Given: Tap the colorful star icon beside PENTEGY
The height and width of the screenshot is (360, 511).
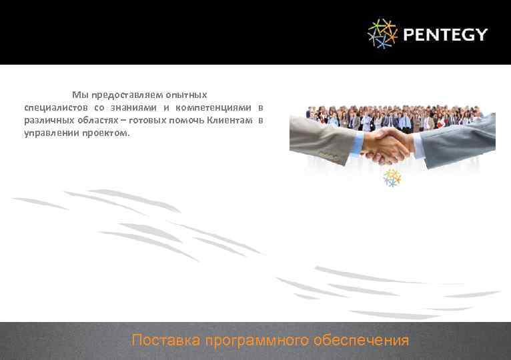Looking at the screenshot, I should (382, 33).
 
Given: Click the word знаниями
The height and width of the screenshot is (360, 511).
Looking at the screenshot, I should (133, 107).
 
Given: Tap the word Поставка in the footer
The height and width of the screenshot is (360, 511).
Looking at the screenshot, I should (166, 341).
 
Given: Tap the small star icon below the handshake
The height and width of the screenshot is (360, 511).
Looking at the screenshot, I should (392, 177).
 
